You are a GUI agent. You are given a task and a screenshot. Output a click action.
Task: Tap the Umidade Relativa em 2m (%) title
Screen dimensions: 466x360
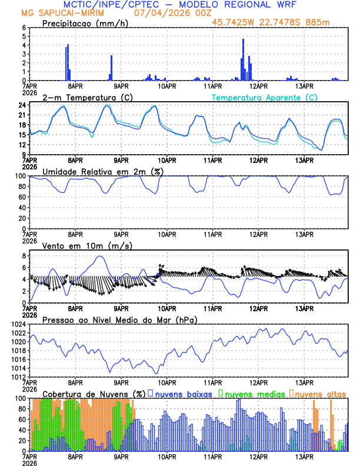98,171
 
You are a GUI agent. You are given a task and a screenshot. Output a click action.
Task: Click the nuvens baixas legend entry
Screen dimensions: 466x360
183,393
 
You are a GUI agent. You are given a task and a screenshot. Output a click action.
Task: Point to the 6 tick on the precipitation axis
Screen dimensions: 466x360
24,28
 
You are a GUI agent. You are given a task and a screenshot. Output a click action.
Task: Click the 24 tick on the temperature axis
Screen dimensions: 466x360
22,105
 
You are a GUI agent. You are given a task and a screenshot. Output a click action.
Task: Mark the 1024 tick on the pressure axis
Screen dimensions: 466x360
18,324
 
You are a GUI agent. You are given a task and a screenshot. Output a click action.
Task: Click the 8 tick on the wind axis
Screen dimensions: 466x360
24,256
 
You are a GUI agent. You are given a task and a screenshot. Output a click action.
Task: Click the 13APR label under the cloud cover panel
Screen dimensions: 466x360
304,456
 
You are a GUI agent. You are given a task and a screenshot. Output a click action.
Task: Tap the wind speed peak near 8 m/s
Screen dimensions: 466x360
100,256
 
